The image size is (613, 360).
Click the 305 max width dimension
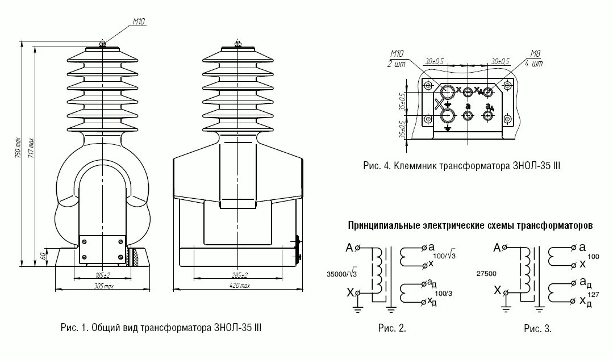click(103, 286)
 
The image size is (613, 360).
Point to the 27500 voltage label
click(487, 274)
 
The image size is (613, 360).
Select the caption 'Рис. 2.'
click(392, 328)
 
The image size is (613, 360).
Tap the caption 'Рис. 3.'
click(537, 328)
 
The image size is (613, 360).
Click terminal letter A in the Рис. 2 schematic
click(348, 248)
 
